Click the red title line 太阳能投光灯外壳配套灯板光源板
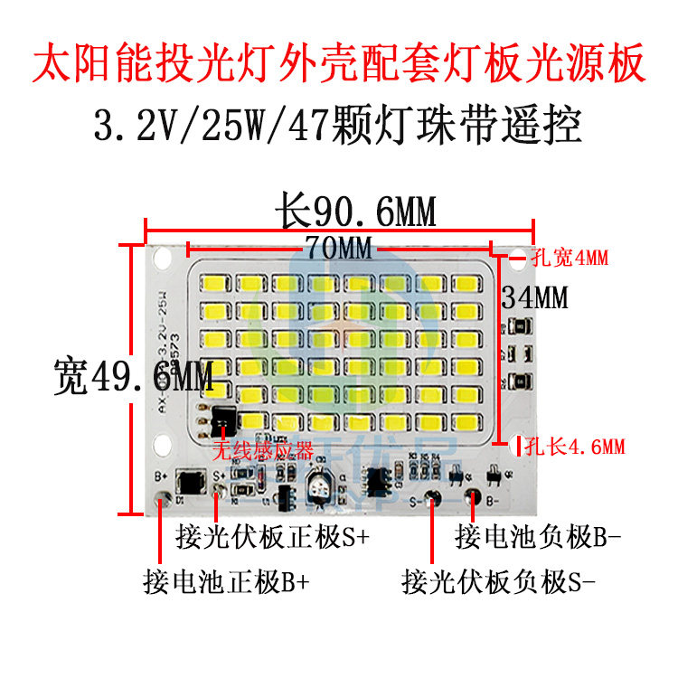(x=339, y=63)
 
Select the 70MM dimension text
(x=339, y=247)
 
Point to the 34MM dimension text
(x=535, y=297)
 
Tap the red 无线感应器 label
(x=262, y=450)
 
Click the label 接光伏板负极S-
(x=499, y=580)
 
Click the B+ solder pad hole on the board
(x=163, y=496)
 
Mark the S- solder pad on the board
(x=433, y=497)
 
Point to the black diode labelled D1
(x=191, y=480)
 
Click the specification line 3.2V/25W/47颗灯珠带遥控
(x=339, y=125)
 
